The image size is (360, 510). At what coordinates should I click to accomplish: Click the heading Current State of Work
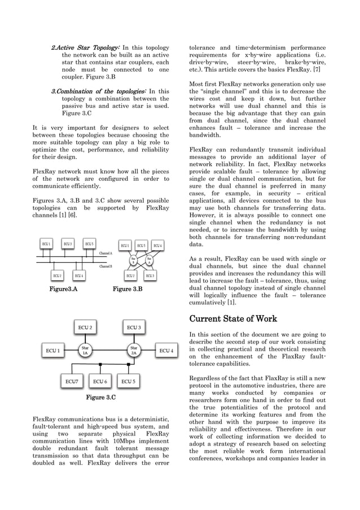(x=233, y=319)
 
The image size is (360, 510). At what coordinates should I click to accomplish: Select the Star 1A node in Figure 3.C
(x=86, y=351)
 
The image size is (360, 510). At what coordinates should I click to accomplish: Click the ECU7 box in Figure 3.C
(x=71, y=381)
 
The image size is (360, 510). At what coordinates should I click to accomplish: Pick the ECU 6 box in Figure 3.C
(x=100, y=381)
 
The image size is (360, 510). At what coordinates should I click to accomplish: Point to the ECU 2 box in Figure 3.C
(x=86, y=327)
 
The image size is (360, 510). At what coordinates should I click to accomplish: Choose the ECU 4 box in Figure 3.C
(x=166, y=351)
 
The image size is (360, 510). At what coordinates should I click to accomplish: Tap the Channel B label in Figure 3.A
(x=106, y=265)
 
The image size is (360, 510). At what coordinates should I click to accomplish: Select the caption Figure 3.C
(x=100, y=398)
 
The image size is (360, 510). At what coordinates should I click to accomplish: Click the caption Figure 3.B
(x=128, y=289)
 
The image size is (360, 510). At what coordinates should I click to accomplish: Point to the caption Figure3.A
(x=63, y=289)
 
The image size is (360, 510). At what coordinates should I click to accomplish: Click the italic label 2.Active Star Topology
(x=85, y=48)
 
